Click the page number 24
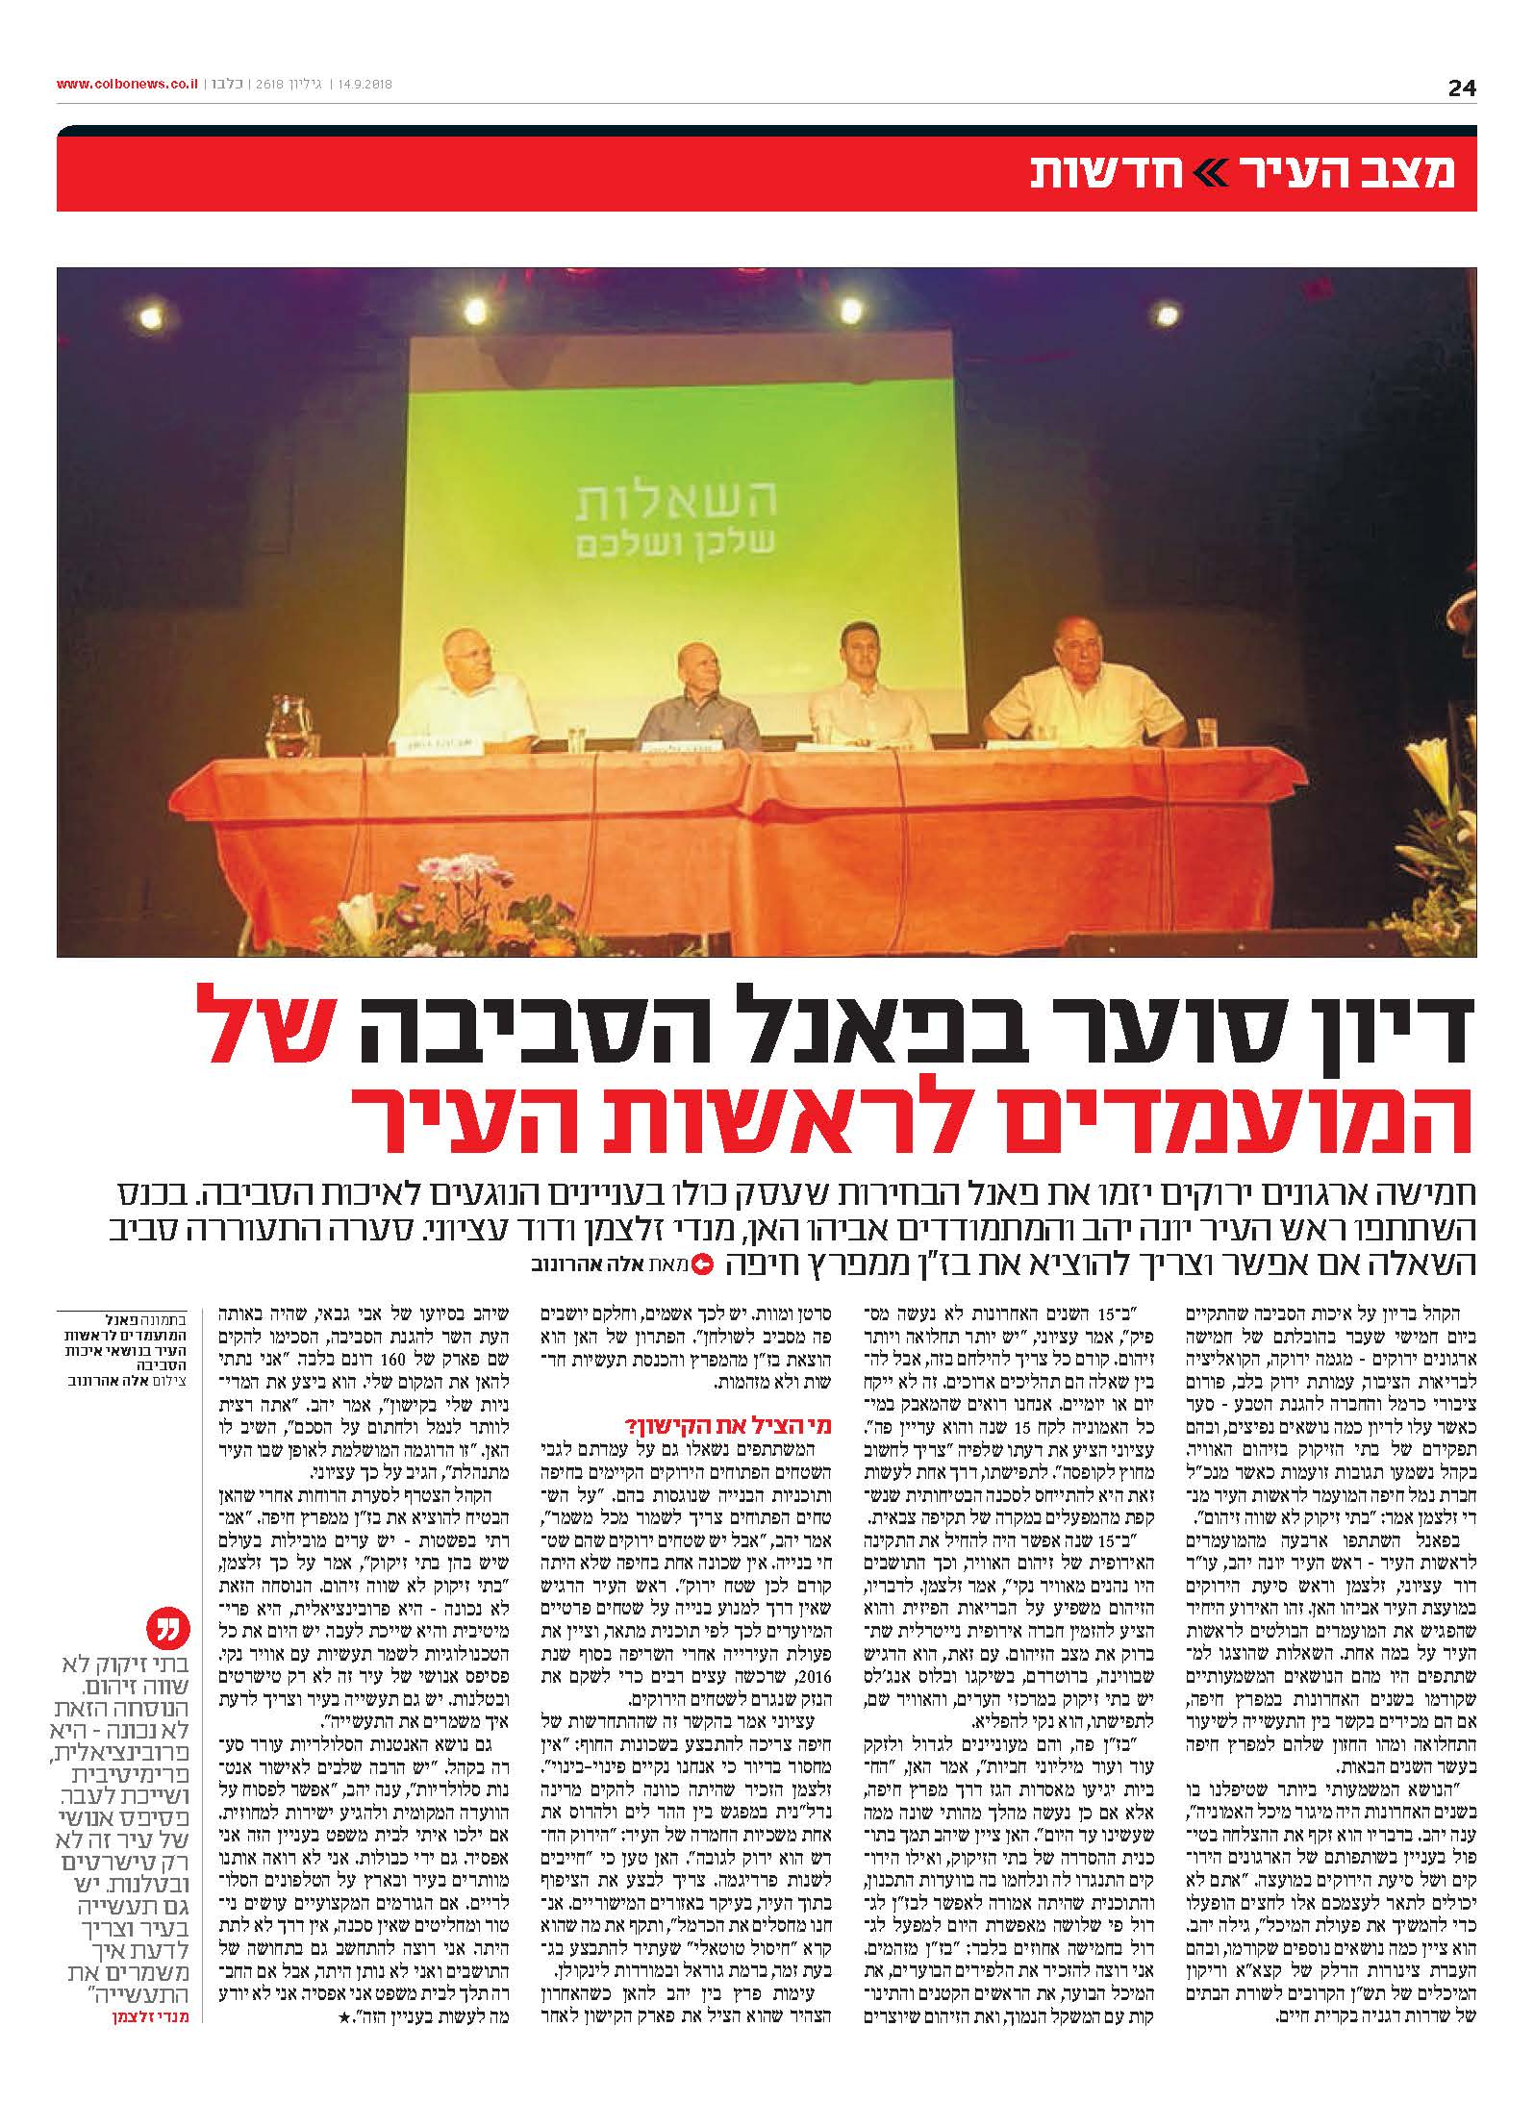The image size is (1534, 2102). pyautogui.click(x=1461, y=88)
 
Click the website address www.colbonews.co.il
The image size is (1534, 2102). pyautogui.click(x=127, y=84)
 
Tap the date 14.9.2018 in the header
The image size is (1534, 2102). pyautogui.click(x=366, y=84)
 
